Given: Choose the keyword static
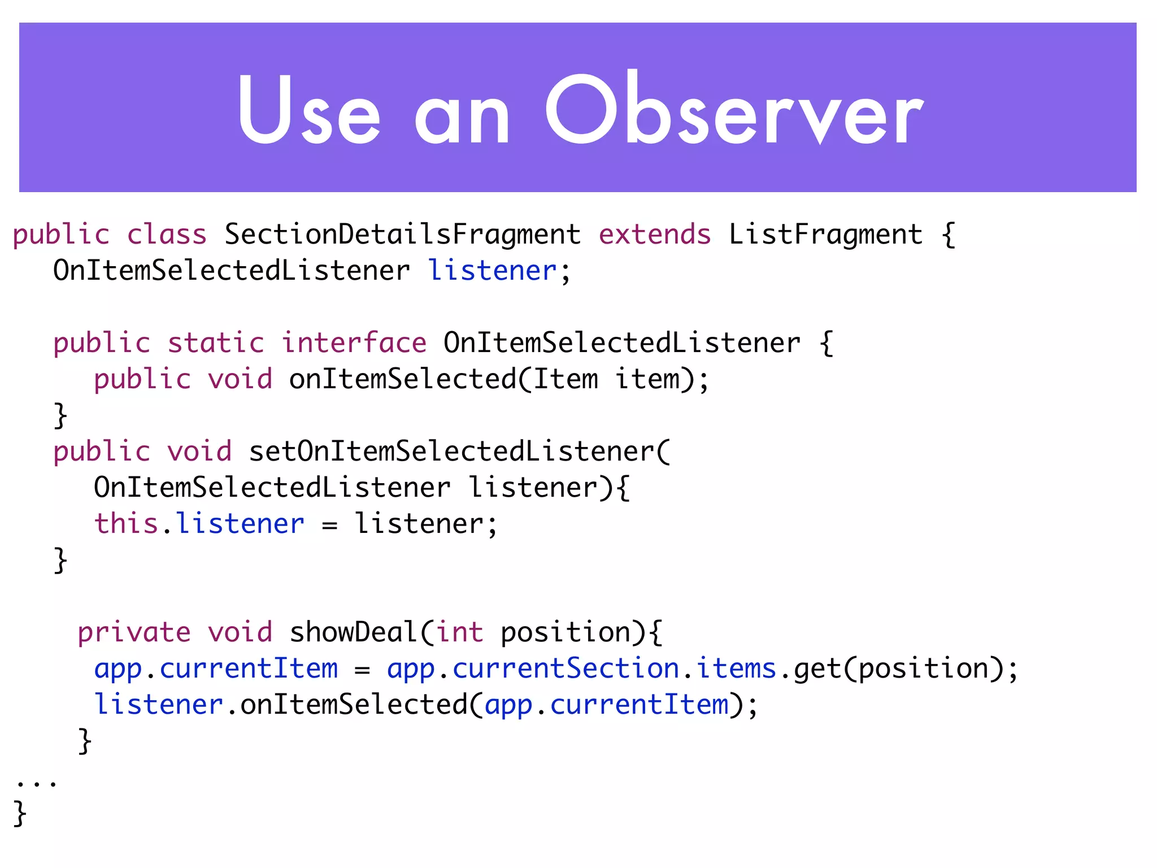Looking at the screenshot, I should coord(216,343).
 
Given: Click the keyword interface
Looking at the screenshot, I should coord(354,343).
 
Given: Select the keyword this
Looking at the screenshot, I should coord(125,523).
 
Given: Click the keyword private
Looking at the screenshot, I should coord(134,632).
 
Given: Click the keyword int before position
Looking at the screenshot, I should coord(459,632).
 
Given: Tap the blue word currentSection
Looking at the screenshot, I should coord(566,669).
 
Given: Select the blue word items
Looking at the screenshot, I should coord(736,669).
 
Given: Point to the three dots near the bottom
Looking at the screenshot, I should coord(36,783).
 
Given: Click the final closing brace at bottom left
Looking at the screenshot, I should coord(20,813).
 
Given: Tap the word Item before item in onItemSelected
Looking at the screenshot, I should coord(566,379).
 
